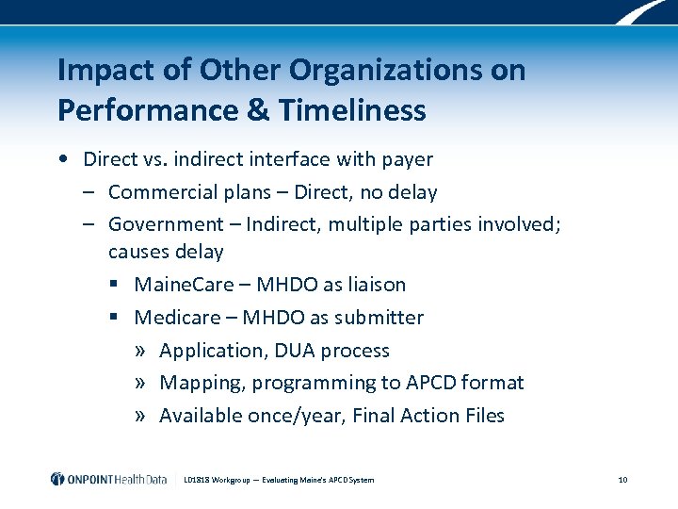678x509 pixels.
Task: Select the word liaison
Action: [x=373, y=285]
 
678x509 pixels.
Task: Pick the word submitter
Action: [x=379, y=318]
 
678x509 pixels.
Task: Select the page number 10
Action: [x=622, y=480]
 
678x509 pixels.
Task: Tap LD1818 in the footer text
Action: [x=200, y=480]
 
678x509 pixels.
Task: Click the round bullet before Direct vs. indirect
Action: [x=61, y=159]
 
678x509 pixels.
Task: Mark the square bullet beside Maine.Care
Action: [x=114, y=286]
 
